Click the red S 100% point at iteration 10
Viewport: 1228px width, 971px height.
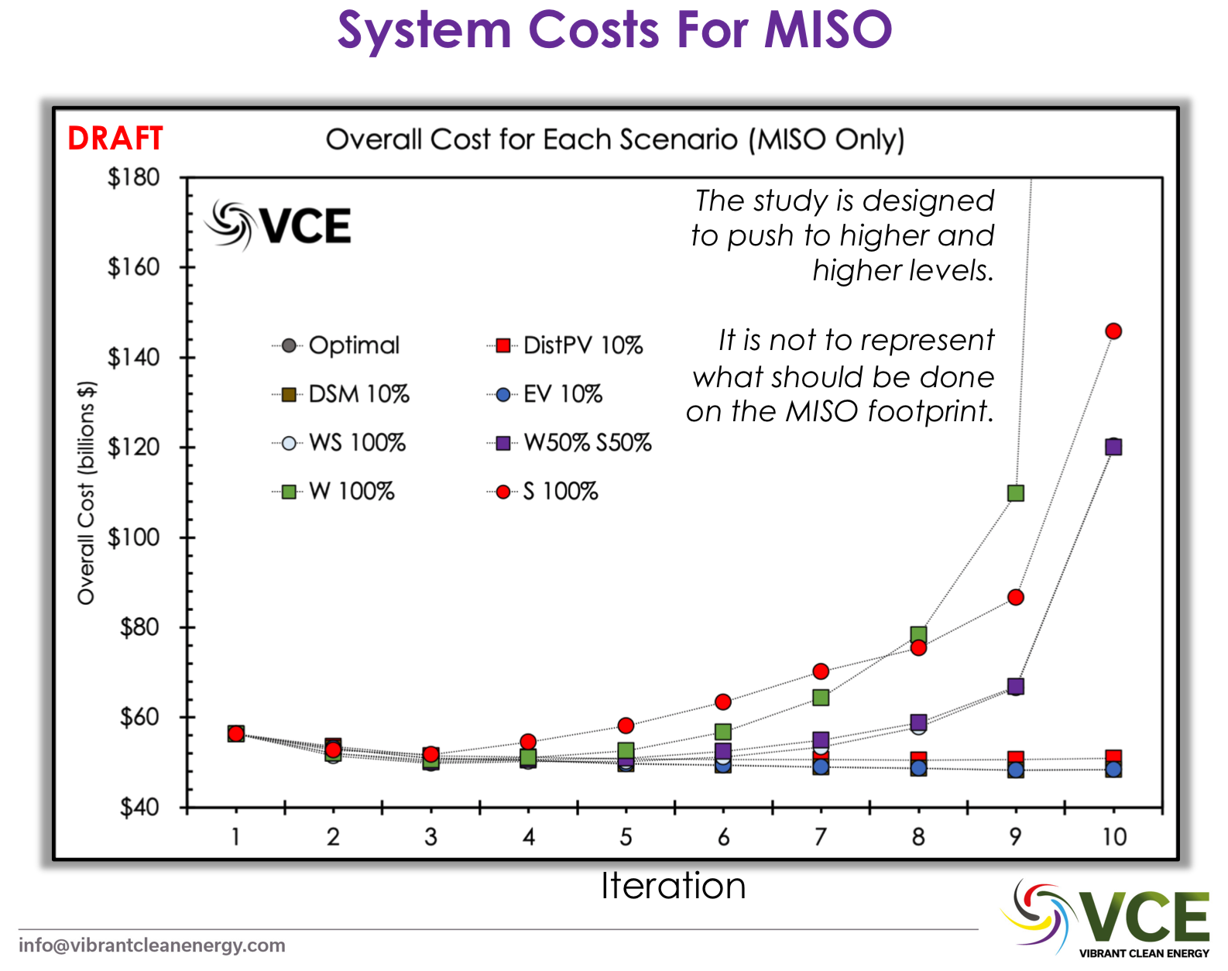(1113, 331)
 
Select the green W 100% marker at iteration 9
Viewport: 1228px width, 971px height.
(1016, 493)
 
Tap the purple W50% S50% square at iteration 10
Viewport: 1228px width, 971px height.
(1113, 447)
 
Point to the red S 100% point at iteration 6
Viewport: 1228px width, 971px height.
(723, 702)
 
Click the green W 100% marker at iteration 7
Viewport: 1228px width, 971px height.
(821, 698)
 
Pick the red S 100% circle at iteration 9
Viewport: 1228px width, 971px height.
(1016, 598)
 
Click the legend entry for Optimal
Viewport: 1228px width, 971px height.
(353, 345)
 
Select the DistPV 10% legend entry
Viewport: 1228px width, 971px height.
(582, 345)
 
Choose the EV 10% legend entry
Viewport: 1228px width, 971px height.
(562, 394)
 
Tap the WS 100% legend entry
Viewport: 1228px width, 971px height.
(356, 443)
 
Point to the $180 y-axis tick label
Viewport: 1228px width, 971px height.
(133, 177)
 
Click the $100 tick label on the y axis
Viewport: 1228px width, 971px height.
(133, 537)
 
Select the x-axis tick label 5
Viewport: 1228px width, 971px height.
(626, 837)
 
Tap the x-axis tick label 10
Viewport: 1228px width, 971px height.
(1114, 837)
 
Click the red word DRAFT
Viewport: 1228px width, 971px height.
(115, 139)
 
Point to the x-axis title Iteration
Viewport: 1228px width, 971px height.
(673, 886)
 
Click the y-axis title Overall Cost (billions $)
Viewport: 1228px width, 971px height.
(86, 492)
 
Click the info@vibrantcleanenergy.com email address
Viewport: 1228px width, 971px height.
(152, 945)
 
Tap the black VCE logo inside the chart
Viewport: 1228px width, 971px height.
(280, 225)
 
